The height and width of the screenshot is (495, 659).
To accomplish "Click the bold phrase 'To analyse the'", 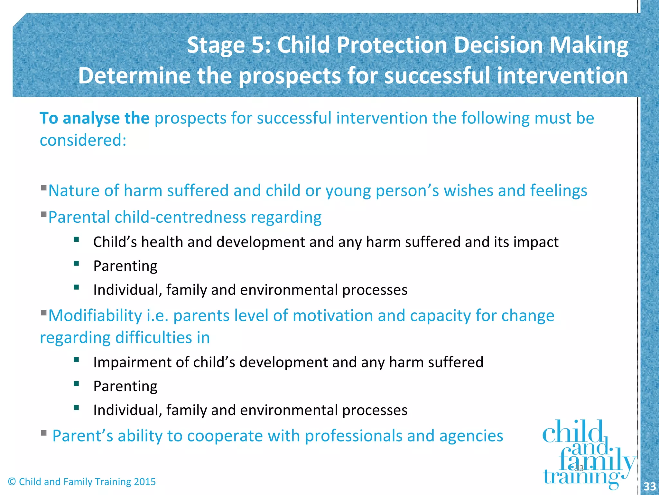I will pos(94,118).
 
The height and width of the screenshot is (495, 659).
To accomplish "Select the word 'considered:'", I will pos(83,141).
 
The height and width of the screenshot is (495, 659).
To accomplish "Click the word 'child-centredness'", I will pos(180,218).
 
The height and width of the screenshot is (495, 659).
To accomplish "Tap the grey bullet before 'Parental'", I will pos(44,214).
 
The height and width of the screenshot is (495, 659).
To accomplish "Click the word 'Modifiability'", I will pos(95,315).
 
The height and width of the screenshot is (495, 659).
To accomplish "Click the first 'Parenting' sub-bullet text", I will pos(125,266).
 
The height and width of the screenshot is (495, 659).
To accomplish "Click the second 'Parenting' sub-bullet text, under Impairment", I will pos(125,386).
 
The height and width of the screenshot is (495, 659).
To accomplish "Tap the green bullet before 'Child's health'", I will pos(76,239).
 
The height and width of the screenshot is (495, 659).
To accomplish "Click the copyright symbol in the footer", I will pos(12,482).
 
